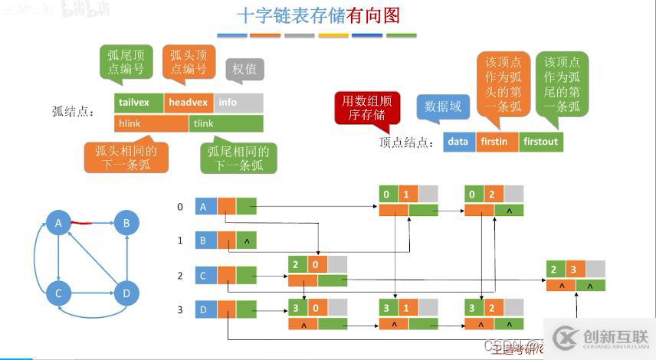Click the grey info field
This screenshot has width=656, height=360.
[238, 103]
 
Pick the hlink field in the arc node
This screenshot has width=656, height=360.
[151, 123]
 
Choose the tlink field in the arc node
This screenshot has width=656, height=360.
[226, 123]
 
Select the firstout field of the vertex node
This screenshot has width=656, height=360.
[540, 142]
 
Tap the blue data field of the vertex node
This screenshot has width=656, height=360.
[458, 142]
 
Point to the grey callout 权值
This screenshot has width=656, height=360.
[245, 69]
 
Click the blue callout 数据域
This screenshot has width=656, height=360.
[442, 106]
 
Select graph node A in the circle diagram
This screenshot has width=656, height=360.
[58, 224]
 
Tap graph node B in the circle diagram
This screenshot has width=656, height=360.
[127, 224]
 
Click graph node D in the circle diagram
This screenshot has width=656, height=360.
[127, 293]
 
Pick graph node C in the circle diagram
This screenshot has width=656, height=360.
[58, 293]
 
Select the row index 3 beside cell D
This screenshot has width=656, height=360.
[180, 309]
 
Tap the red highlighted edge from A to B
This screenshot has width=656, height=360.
[82, 224]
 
